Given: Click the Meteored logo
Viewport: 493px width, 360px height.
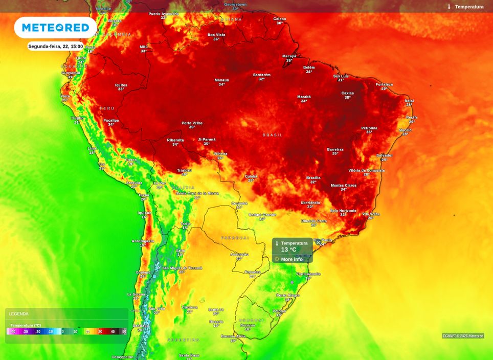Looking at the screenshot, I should (55, 28).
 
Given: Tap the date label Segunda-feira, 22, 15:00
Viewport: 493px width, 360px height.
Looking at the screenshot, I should (55, 46).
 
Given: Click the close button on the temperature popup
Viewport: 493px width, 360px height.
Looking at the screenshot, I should (318, 242).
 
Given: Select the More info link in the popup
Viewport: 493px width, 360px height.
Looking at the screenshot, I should (292, 259).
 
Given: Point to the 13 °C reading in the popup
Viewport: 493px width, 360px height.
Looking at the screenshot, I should (288, 250).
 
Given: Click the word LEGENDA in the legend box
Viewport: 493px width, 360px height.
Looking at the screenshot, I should (19, 314).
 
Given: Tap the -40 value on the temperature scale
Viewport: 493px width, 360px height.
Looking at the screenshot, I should (13, 332).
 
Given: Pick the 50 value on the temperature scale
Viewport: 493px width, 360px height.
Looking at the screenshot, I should (124, 332).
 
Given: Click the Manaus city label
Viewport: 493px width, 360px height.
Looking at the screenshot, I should (221, 80).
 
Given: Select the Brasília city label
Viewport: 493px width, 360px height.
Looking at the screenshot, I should (313, 178).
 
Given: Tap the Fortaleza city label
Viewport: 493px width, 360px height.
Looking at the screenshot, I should (384, 84).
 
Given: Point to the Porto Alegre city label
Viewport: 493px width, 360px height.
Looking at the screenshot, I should (288, 296).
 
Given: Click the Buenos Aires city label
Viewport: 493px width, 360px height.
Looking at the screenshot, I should (233, 336).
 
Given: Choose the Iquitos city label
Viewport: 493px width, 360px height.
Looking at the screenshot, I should (121, 85).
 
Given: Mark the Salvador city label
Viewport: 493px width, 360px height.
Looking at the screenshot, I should (384, 155).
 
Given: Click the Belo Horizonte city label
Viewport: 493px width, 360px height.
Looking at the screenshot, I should (343, 211).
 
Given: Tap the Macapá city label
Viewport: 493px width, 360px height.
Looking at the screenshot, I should (289, 56).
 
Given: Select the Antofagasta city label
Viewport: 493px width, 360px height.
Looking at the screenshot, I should (143, 241).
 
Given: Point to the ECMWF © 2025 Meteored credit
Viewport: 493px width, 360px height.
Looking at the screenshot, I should (463, 336).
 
